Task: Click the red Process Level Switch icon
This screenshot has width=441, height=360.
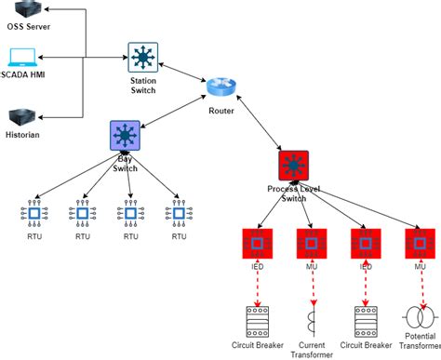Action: coord(294,167)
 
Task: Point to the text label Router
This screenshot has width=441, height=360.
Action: coord(220,113)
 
